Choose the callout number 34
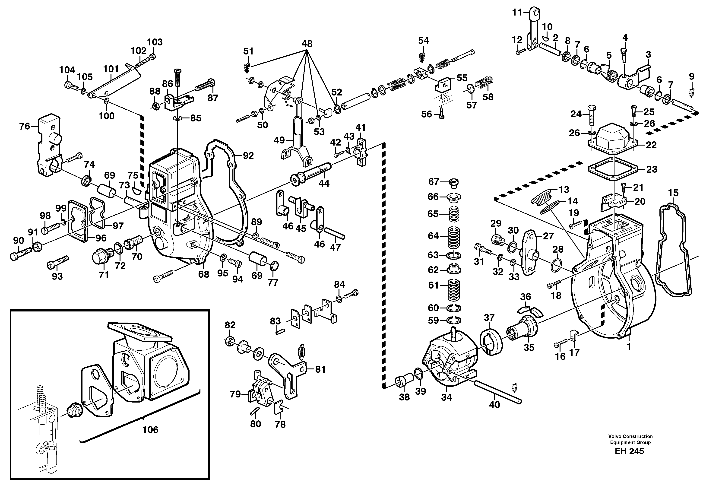[x=446, y=397]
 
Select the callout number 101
[x=111, y=69]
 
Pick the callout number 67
[x=433, y=182]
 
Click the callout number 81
[x=320, y=370]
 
